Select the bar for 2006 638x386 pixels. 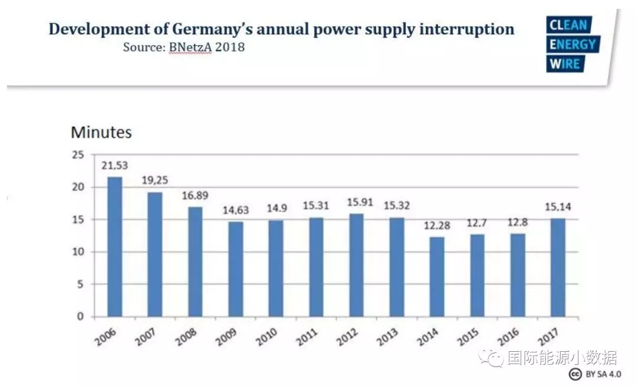click(x=115, y=246)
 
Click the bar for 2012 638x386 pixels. click(x=356, y=265)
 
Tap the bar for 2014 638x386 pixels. click(x=437, y=277)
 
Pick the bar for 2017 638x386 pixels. click(x=558, y=267)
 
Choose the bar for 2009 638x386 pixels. click(x=236, y=269)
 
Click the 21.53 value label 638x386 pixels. click(x=115, y=166)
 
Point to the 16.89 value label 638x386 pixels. click(x=195, y=196)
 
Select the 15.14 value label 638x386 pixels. click(x=558, y=207)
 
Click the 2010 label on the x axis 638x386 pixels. click(x=267, y=338)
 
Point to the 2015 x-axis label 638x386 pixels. click(x=468, y=338)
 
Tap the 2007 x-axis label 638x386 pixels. click(x=146, y=338)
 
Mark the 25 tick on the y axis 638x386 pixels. click(x=78, y=155)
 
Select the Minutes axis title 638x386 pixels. click(x=101, y=132)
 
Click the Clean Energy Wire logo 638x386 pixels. click(x=572, y=44)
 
